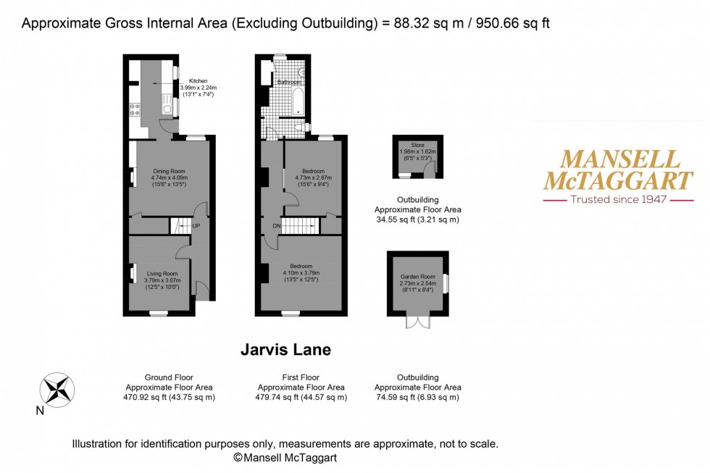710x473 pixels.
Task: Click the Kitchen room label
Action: point(198,81)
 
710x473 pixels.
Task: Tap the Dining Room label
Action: point(170,171)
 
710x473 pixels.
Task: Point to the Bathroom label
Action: point(290,82)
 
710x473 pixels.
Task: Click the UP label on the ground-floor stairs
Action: point(196,226)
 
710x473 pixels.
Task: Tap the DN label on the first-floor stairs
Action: point(275,226)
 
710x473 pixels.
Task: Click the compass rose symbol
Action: point(58,389)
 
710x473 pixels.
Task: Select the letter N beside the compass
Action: point(40,411)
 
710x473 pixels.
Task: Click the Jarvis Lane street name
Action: point(285,350)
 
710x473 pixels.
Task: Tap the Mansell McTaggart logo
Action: point(618,169)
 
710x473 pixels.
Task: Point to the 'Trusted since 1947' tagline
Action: point(618,199)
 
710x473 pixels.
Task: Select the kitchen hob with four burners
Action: point(134,110)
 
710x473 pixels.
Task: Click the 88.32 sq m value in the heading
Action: point(422,23)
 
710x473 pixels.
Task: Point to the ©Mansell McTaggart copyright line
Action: point(285,458)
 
